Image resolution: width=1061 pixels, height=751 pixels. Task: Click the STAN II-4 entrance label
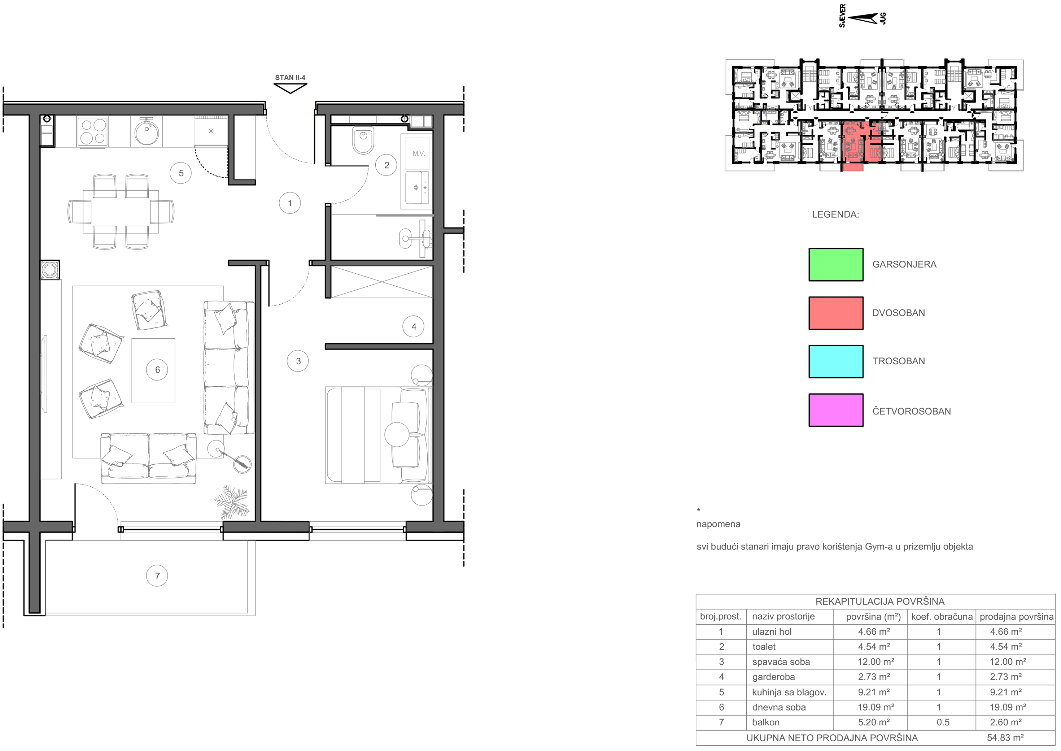pos(290,78)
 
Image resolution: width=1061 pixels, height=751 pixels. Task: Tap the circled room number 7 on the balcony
pos(157,576)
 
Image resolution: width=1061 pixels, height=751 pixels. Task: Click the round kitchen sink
pos(147,131)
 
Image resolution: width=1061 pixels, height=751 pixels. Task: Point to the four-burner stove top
pos(93,131)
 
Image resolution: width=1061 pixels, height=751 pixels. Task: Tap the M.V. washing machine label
pos(419,153)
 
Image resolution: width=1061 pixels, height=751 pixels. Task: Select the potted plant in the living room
pos(232,502)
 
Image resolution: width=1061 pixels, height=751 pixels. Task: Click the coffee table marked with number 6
pos(153,371)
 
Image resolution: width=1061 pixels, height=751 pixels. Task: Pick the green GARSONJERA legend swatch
pos(835,265)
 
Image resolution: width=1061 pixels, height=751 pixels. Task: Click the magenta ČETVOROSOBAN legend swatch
pos(835,410)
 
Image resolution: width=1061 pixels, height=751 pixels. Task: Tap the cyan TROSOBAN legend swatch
pos(835,362)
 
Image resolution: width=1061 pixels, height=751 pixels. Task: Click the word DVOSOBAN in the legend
pos(898,313)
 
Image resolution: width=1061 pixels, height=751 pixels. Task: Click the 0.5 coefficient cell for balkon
pos(943,722)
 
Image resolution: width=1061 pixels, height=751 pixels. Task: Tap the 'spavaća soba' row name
pos(781,662)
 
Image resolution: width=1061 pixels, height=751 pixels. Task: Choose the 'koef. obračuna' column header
pos(942,616)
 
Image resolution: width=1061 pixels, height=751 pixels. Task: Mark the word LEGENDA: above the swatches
pos(835,214)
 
